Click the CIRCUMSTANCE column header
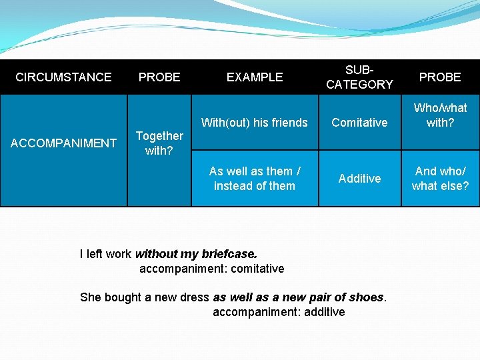point(63,77)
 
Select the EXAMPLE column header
point(255,77)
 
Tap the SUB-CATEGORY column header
point(359,77)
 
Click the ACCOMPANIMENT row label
point(64,143)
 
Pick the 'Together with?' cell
point(159,143)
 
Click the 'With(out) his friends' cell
point(255,123)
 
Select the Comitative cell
point(359,123)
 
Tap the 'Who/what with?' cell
point(440,115)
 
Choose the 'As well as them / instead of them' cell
point(255,179)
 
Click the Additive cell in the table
point(359,179)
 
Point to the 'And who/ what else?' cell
point(440,179)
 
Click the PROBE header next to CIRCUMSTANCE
point(159,77)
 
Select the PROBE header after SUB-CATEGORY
point(440,77)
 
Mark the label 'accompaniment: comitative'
point(211,269)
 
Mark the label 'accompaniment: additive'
point(279,312)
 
